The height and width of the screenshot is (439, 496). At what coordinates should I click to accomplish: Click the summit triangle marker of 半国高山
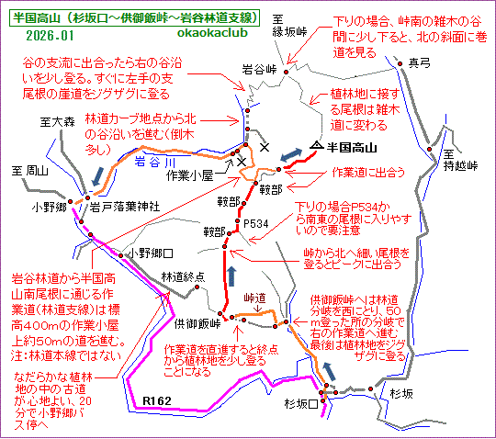(x=317, y=146)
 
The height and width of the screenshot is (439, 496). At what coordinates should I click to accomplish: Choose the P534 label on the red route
(x=257, y=223)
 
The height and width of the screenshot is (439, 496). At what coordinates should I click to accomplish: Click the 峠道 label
(x=255, y=298)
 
